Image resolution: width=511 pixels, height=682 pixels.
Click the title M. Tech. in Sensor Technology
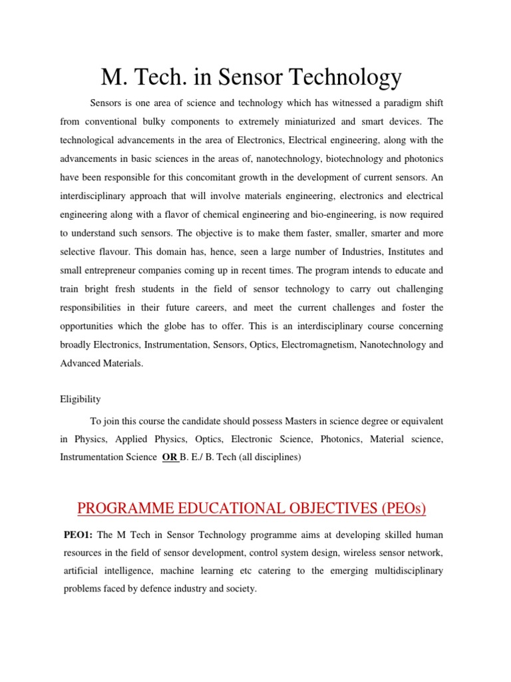pyautogui.click(x=251, y=78)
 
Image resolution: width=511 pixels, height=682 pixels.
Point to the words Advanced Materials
pyautogui.click(x=101, y=364)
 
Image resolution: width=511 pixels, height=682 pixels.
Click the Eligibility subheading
pyautogui.click(x=81, y=399)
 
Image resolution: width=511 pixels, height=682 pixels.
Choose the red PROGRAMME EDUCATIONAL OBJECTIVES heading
pyautogui.click(x=252, y=509)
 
